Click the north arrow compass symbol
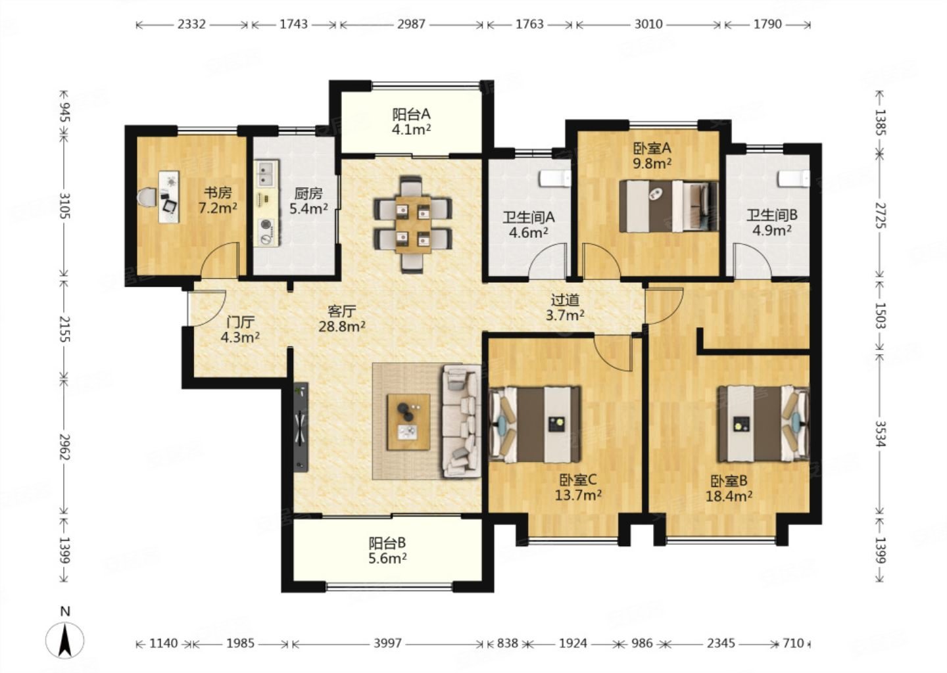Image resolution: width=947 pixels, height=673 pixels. pyautogui.click(x=64, y=640)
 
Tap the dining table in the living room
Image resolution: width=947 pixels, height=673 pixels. pyautogui.click(x=413, y=224)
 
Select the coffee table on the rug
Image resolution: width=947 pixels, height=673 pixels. pyautogui.click(x=409, y=422)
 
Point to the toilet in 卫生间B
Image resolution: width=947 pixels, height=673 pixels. pyautogui.click(x=794, y=178)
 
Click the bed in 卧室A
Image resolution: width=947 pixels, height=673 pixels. pyautogui.click(x=669, y=206)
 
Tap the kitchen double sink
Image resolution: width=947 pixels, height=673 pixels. pyautogui.click(x=267, y=174)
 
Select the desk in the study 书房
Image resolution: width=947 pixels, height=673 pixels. pyautogui.click(x=168, y=197)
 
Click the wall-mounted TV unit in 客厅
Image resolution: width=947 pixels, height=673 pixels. pyautogui.click(x=301, y=427)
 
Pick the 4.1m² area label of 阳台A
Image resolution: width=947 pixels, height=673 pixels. pyautogui.click(x=411, y=129)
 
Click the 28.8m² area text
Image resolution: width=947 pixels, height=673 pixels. pyautogui.click(x=342, y=327)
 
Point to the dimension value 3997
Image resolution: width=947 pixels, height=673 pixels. pyautogui.click(x=388, y=643)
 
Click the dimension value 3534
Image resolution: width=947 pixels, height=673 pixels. pyautogui.click(x=880, y=434)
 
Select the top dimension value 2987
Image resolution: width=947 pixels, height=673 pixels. pyautogui.click(x=411, y=24)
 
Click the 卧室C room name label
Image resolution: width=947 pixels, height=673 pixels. pyautogui.click(x=577, y=480)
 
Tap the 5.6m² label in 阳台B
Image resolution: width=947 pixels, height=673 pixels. pyautogui.click(x=387, y=559)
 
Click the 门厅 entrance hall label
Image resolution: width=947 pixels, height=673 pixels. pyautogui.click(x=240, y=322)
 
